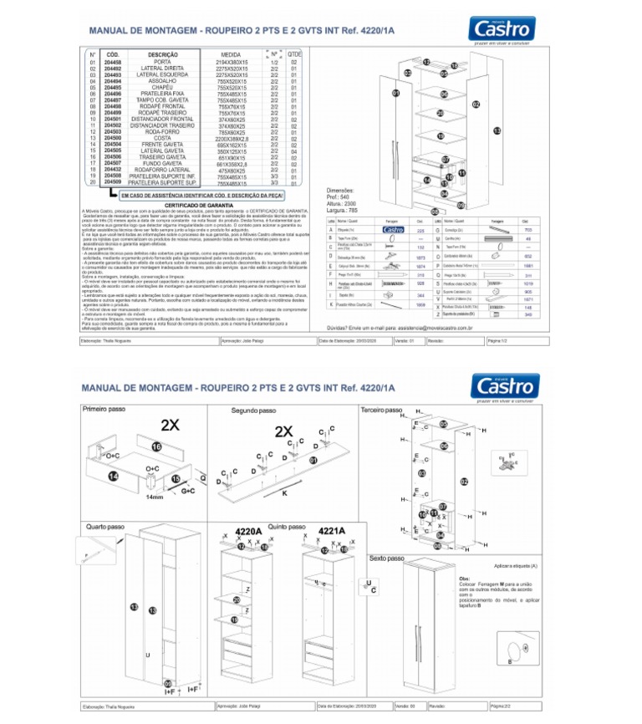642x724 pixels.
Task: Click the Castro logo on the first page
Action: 502,30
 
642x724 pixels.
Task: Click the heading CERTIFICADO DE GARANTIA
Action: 198,204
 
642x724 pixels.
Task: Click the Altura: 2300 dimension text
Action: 343,203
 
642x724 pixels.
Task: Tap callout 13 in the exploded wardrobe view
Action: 496,130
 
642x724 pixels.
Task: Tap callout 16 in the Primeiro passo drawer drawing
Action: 155,447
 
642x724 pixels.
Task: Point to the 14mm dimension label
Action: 155,497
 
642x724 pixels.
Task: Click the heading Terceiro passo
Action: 383,411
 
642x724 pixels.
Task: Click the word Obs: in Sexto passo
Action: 464,578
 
